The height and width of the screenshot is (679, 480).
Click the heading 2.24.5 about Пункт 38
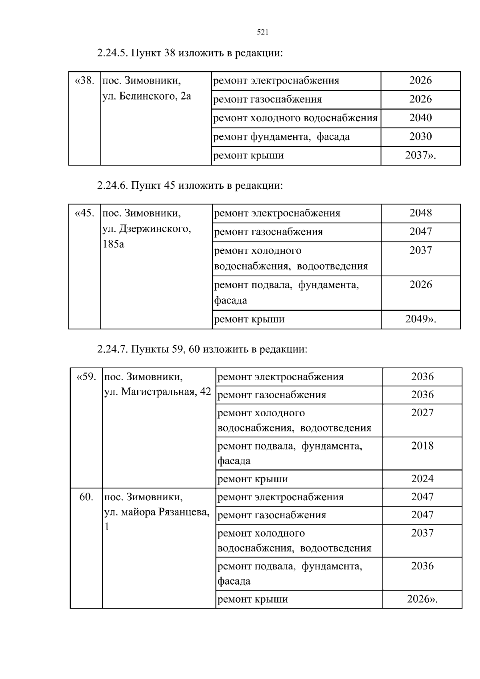(190, 53)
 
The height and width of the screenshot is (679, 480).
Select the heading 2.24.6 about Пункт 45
(190, 186)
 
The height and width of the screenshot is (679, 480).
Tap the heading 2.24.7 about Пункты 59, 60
(202, 349)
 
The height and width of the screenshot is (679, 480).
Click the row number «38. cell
(85, 81)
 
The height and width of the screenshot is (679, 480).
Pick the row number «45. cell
(85, 213)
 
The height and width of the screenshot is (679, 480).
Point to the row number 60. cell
(86, 497)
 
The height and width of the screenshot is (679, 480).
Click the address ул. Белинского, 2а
(147, 96)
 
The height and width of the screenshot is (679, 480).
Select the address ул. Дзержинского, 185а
(146, 236)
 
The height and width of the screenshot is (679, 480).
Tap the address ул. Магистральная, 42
(157, 392)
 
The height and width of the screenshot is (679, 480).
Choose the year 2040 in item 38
(420, 118)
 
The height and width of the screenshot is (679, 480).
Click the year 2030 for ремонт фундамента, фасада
(420, 137)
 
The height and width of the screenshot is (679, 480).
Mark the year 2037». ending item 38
(420, 156)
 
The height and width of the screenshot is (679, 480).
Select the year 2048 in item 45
(420, 213)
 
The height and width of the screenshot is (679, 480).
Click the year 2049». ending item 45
(420, 319)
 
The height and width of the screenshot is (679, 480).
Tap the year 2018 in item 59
(422, 446)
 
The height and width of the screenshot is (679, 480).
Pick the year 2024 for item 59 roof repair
(422, 479)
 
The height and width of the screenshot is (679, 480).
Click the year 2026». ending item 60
(422, 599)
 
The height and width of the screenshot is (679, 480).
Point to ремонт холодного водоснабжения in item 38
(295, 118)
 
